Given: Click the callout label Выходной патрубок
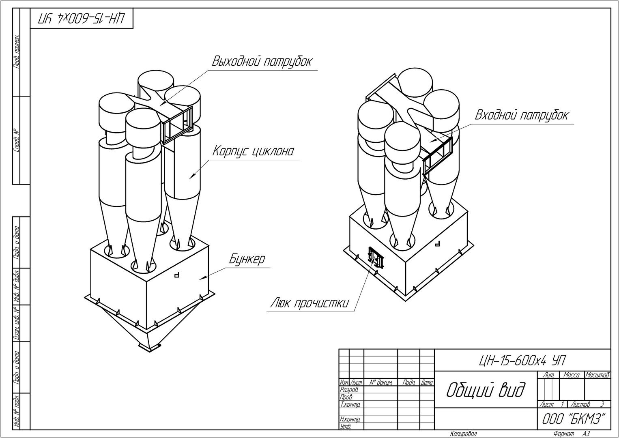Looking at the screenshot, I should coord(262,62).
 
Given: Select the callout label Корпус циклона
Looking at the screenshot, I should coord(253,151).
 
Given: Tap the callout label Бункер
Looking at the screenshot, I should coord(247,259).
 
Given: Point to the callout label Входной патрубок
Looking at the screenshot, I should coord(521,115).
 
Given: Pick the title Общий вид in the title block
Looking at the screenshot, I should coord(485,390).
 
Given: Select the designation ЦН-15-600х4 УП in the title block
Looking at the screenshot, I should coord(522,360).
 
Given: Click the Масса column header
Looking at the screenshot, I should coord(572,376).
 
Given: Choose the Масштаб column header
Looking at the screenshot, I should coord(597,376).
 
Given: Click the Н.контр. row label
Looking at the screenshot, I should coord(350,419).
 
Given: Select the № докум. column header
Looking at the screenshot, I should coord(381,382).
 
